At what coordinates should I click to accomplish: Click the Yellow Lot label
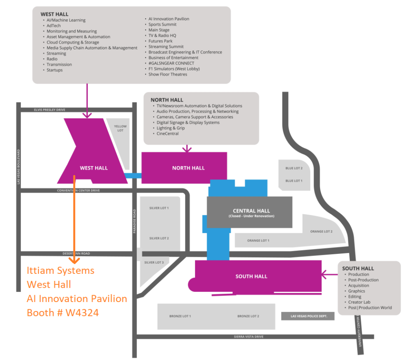click(120, 128)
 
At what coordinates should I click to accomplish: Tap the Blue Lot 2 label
click(294, 168)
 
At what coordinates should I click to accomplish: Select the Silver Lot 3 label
click(154, 262)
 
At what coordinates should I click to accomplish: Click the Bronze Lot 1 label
click(180, 316)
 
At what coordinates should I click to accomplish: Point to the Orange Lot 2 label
click(321, 231)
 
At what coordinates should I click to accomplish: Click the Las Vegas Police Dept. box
click(308, 316)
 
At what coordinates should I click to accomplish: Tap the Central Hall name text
click(251, 211)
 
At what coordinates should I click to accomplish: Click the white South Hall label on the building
click(251, 276)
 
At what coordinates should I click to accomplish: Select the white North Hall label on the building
click(188, 168)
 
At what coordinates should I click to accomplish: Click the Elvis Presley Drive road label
click(49, 110)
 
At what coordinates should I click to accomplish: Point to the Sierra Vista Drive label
click(249, 337)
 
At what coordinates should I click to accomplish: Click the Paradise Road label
click(134, 221)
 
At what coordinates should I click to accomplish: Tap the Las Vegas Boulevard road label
click(18, 167)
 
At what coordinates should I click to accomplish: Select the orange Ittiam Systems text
click(60, 271)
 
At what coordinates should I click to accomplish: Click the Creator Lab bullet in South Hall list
click(359, 302)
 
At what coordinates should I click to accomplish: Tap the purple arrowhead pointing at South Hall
click(324, 274)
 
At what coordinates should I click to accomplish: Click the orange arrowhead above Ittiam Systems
click(74, 260)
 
